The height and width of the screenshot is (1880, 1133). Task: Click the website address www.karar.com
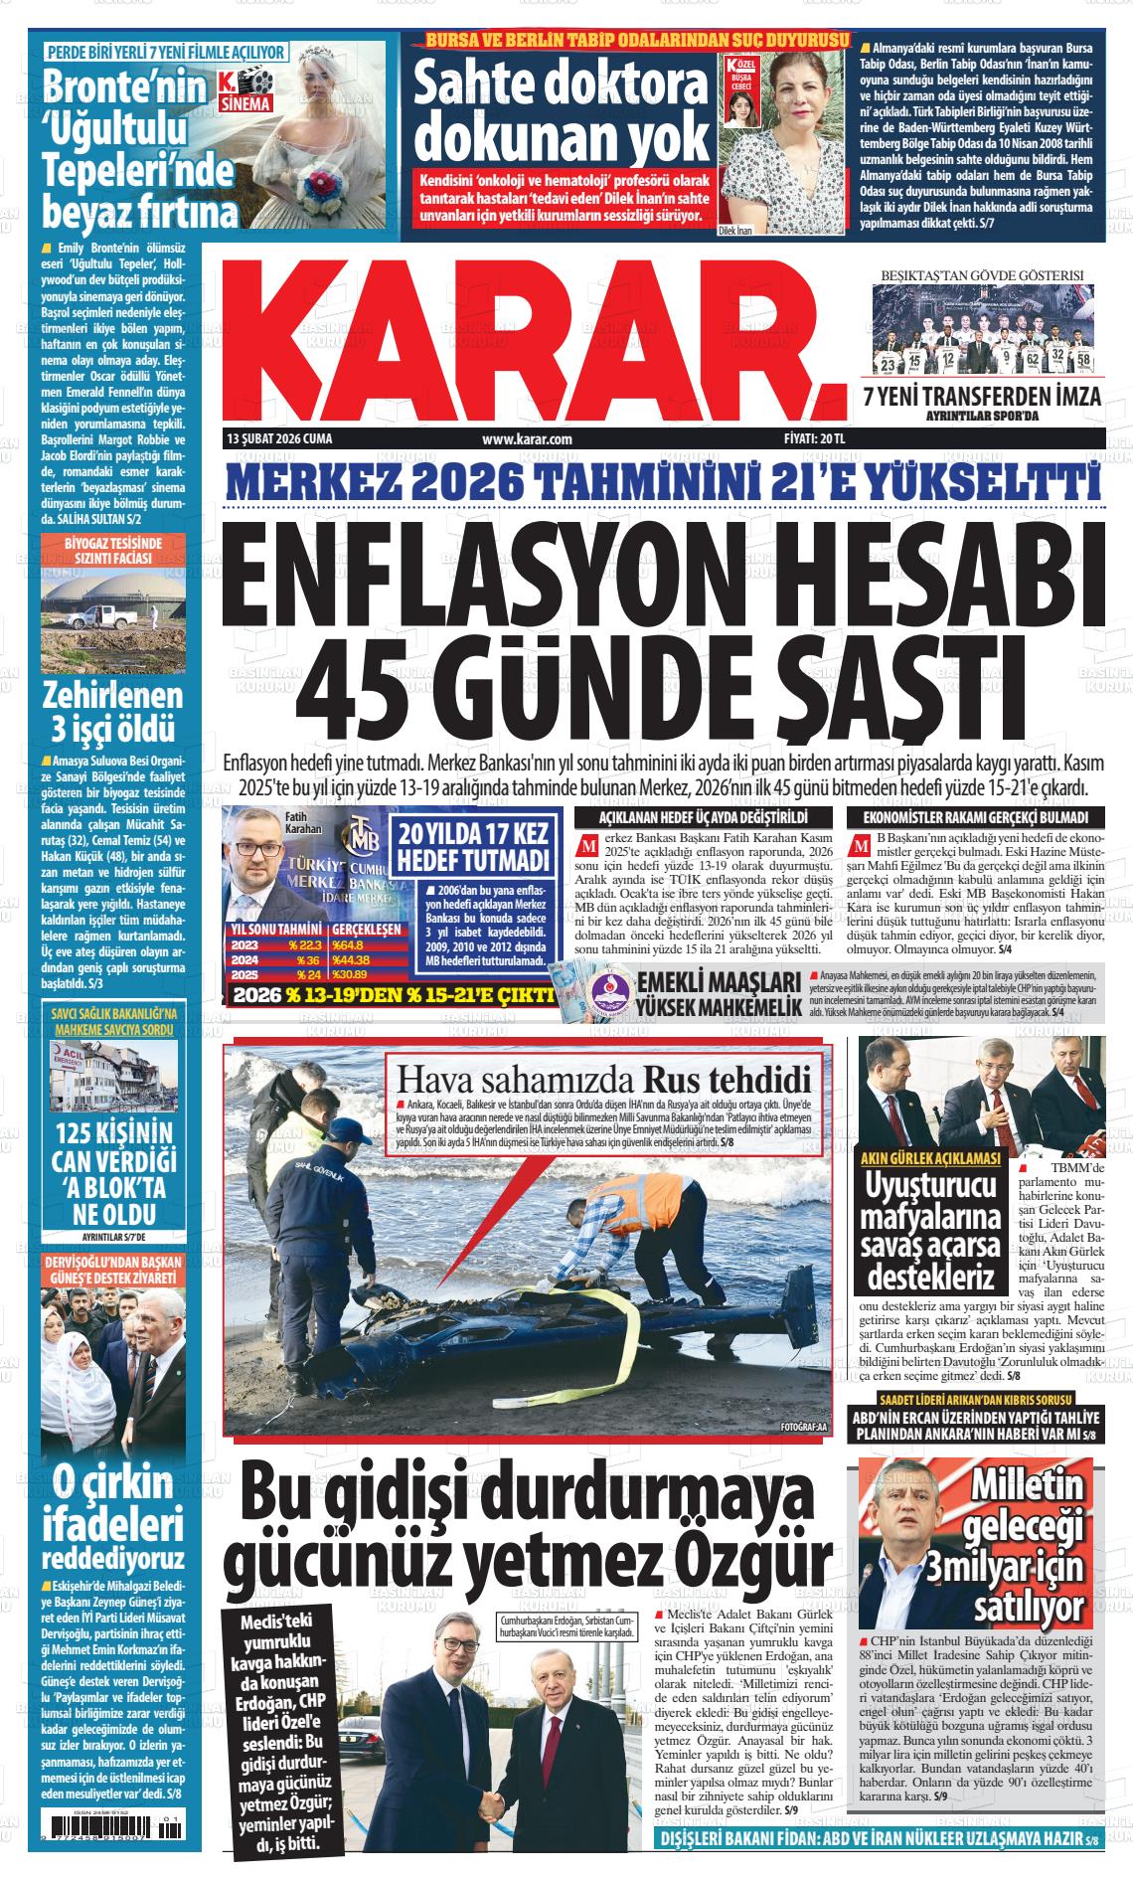click(527, 438)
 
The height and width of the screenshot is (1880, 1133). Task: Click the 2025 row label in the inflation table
click(244, 975)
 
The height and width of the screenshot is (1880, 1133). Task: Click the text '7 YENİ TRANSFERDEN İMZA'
click(981, 397)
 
